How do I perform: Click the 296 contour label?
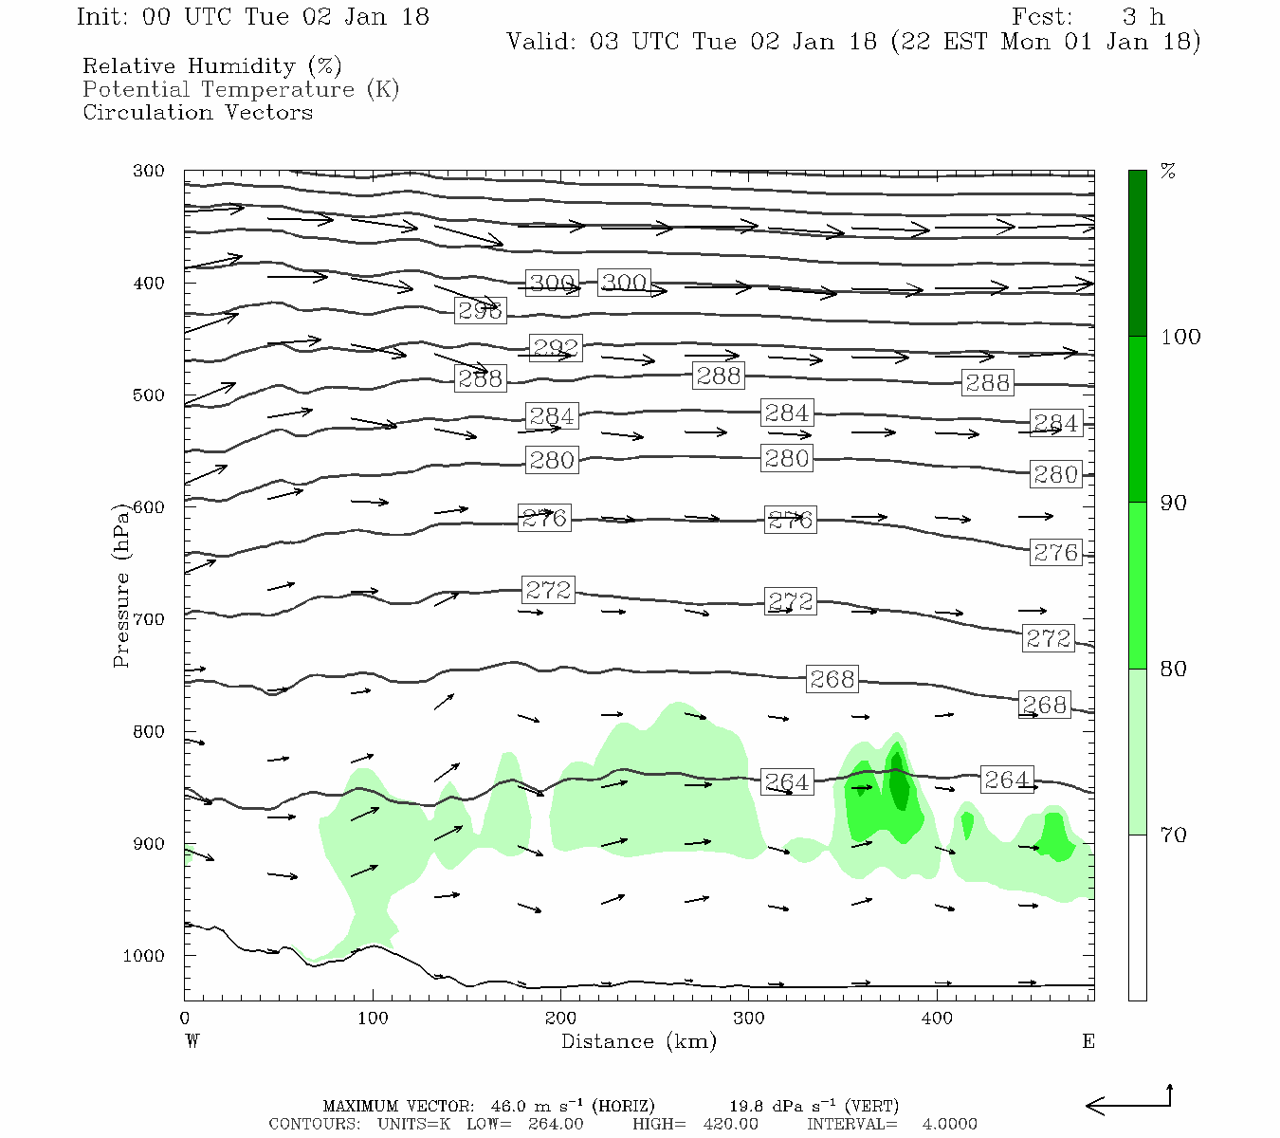tap(480, 311)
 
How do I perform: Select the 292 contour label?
tap(555, 348)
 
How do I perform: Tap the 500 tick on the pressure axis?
tap(149, 395)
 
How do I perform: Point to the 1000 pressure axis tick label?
tap(143, 956)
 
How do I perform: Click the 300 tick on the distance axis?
tap(748, 1019)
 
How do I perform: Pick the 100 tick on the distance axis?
tap(373, 1019)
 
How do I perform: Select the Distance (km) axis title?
tap(638, 1042)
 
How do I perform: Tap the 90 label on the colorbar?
tap(1173, 504)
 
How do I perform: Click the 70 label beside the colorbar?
tap(1173, 835)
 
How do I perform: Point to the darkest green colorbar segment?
tap(1137, 253)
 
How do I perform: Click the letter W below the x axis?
tap(192, 1041)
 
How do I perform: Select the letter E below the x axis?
tap(1088, 1041)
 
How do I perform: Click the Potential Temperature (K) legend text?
tap(241, 90)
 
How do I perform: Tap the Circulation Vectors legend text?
tap(197, 113)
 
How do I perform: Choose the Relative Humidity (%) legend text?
tap(211, 66)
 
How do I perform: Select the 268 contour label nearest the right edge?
tap(1044, 705)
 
